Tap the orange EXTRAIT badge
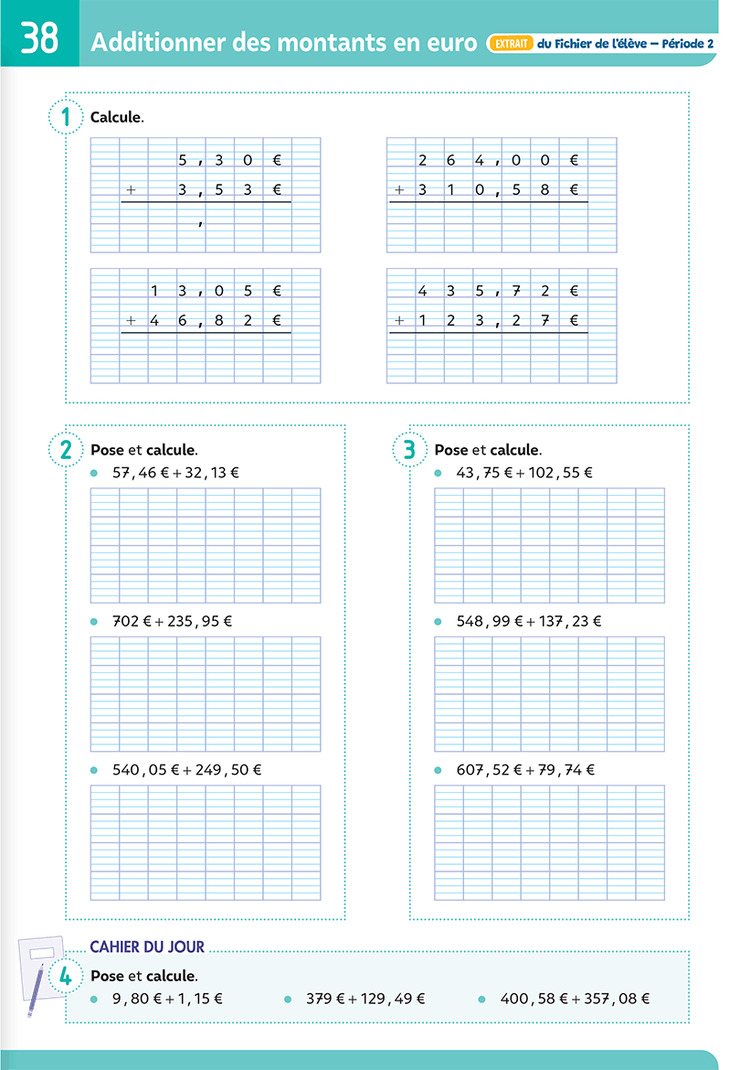pyautogui.click(x=511, y=43)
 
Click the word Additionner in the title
pyautogui.click(x=164, y=43)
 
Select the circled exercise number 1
pyautogui.click(x=65, y=117)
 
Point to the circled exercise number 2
pyautogui.click(x=65, y=449)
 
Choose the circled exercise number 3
pyautogui.click(x=409, y=449)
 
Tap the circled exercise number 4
pyautogui.click(x=65, y=976)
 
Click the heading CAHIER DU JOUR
pyautogui.click(x=147, y=947)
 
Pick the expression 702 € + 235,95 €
pyautogui.click(x=172, y=621)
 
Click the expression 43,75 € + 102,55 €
pyautogui.click(x=524, y=473)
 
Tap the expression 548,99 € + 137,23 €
pyautogui.click(x=529, y=621)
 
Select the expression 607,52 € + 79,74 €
pyautogui.click(x=525, y=770)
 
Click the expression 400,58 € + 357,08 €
pyautogui.click(x=575, y=1000)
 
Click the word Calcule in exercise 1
pyautogui.click(x=117, y=117)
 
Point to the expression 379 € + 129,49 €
pyautogui.click(x=365, y=1000)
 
